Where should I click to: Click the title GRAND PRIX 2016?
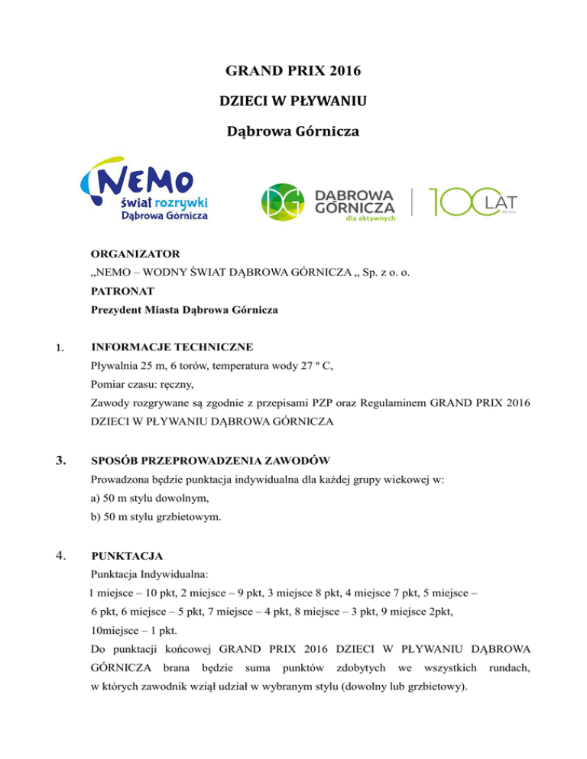pyautogui.click(x=293, y=74)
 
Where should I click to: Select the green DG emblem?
pyautogui.click(x=284, y=201)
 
